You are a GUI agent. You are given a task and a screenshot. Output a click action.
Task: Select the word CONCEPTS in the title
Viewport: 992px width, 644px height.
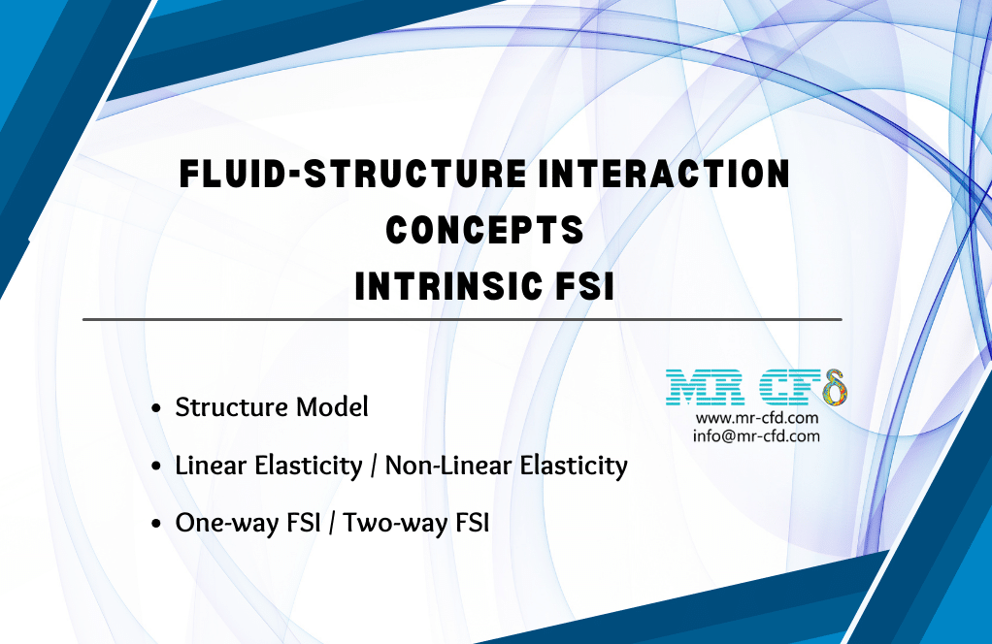click(484, 231)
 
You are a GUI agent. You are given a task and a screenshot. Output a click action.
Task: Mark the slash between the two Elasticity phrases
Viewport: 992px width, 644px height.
click(373, 467)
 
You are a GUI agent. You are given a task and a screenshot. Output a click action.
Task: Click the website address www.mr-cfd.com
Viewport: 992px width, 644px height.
click(756, 418)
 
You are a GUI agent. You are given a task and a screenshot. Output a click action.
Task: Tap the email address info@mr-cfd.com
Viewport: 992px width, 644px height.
click(757, 436)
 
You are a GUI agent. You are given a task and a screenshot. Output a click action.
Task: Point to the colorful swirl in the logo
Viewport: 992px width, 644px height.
click(834, 389)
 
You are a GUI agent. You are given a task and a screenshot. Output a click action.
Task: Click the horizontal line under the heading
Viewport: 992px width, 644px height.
click(462, 318)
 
